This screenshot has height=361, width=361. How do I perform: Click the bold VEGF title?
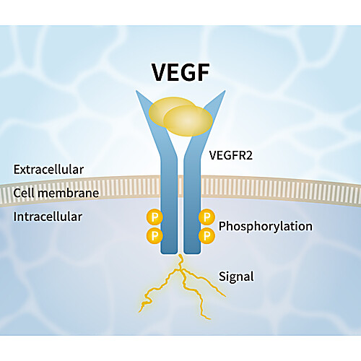tap(180, 72)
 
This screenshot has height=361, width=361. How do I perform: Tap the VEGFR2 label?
tap(231, 155)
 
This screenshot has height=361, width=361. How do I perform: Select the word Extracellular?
tap(48, 170)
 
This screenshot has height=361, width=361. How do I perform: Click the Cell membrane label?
tap(56, 193)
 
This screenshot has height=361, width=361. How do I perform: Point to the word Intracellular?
tap(48, 217)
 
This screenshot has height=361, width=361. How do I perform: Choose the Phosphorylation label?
tap(266, 227)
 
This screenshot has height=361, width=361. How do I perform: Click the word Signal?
tap(236, 277)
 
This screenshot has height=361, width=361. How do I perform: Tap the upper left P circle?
tap(155, 217)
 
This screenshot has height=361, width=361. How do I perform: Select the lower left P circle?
tap(155, 235)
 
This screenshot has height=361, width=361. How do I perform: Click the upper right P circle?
tap(206, 217)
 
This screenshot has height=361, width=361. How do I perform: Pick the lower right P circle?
tap(206, 235)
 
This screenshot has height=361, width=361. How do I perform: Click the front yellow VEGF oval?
tap(188, 121)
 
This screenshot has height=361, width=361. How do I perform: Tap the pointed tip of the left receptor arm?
tap(136, 91)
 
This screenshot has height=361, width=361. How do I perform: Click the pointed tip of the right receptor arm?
tap(225, 91)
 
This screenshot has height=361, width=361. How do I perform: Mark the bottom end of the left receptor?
tap(169, 253)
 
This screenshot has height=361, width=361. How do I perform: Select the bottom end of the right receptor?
tap(192, 253)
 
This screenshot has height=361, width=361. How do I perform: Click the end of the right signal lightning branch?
tap(225, 296)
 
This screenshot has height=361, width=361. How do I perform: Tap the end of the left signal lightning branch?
tap(139, 312)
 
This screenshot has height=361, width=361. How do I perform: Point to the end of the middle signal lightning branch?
tap(210, 319)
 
